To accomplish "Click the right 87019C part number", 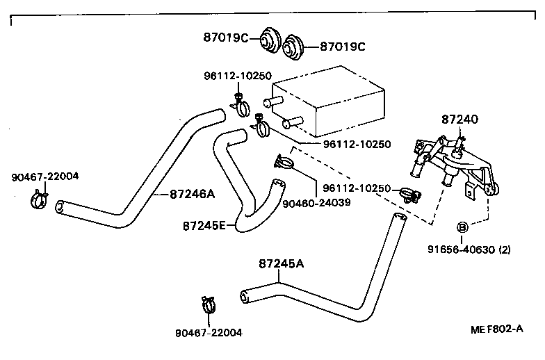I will point(342,47).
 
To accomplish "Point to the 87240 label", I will point(459,120).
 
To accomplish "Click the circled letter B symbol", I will point(461,227).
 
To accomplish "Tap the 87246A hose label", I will point(192,195).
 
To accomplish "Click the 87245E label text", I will point(204,226).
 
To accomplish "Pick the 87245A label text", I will point(282,263).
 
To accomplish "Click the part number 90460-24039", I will point(316,202).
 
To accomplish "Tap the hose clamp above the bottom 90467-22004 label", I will point(210,304).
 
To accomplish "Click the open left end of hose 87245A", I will point(245,297).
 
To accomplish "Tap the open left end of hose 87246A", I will point(60,206).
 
